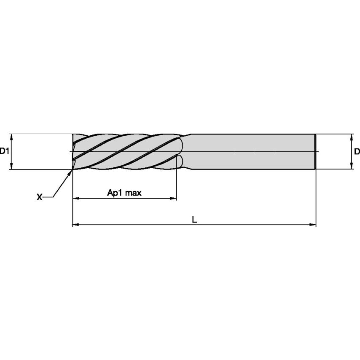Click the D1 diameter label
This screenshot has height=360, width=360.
point(4,151)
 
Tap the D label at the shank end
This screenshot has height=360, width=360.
point(357,151)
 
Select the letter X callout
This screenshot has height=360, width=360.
point(39,197)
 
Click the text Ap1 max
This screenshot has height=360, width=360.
point(124,193)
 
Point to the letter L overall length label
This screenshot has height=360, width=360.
point(194,220)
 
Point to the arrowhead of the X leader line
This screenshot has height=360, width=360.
point(70,172)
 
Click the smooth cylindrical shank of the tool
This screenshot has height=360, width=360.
point(253,152)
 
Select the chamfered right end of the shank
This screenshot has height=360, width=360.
point(315,152)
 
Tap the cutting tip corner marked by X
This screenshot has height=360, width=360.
point(73,168)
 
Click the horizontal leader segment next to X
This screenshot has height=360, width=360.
point(48,197)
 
